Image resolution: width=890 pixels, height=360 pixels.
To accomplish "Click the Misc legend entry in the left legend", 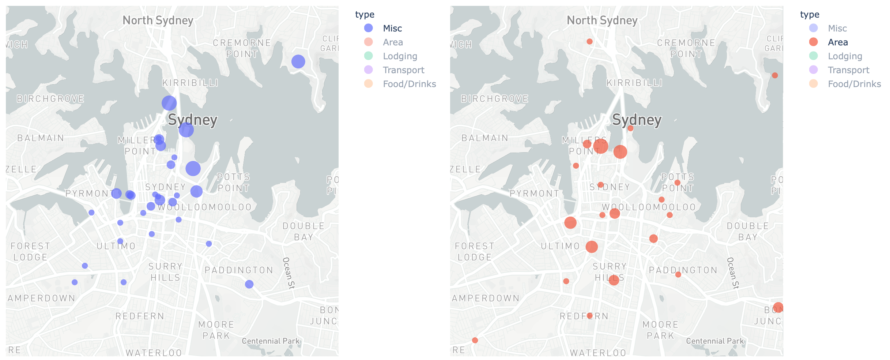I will [392, 28].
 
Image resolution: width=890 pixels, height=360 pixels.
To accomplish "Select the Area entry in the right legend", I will [837, 42].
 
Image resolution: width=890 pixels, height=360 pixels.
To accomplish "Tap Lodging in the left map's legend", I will [400, 56].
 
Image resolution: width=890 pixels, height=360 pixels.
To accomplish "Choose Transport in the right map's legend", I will [848, 70].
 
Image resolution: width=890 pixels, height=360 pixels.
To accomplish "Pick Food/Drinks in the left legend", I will [409, 84].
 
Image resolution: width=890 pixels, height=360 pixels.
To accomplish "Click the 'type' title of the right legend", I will [810, 15].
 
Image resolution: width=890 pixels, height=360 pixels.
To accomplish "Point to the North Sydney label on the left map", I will [158, 20].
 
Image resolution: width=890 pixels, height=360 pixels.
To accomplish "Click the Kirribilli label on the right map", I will [634, 83].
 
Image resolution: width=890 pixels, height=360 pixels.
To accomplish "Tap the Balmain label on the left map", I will [41, 138].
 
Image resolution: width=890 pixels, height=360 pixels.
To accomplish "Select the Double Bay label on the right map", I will [748, 232].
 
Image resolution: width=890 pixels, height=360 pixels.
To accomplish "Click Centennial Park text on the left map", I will [271, 341].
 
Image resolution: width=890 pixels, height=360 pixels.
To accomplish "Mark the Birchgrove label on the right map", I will [495, 99].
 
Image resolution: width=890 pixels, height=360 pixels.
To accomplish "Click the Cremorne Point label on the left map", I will [242, 48].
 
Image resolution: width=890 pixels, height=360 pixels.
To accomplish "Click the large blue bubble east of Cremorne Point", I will [298, 61].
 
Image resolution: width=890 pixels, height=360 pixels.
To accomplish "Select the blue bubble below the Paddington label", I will [249, 284].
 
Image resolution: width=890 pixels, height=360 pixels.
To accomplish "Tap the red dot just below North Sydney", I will [589, 42].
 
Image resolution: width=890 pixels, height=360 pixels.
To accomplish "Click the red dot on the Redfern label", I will [589, 315].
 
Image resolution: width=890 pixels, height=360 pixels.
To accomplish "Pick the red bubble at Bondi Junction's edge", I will [778, 308].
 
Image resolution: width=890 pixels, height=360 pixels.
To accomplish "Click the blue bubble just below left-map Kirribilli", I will [169, 103].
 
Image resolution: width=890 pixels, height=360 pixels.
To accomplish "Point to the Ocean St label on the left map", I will [288, 273].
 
